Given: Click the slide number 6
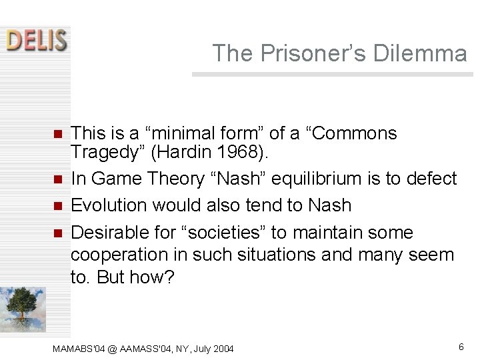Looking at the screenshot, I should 461,347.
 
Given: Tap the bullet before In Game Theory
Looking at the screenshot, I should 57,179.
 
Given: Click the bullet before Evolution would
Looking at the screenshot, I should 57,206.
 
